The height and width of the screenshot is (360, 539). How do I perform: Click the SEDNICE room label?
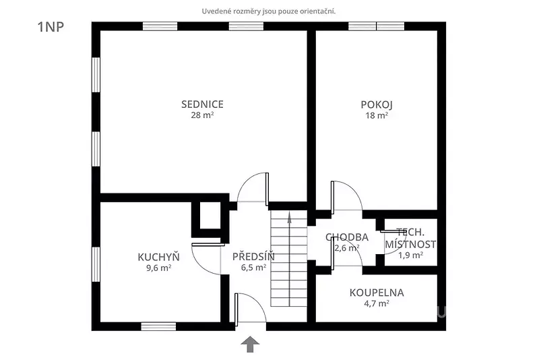point(202,104)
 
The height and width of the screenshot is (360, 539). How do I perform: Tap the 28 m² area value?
point(202,115)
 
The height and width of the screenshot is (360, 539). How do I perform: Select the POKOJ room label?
point(377,104)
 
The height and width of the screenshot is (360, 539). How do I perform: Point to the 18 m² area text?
point(377,115)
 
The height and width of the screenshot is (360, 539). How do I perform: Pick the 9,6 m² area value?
point(158,268)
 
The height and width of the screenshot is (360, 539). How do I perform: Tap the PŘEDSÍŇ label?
point(253,256)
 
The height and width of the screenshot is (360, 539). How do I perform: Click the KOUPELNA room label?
point(377,293)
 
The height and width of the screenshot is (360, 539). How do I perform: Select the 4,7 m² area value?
point(377,303)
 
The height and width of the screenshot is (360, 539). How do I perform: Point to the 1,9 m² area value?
point(410,255)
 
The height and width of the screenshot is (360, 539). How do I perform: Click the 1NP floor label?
point(51,27)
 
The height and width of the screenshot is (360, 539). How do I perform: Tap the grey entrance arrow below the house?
point(250,344)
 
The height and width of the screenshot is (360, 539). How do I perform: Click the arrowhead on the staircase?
point(290,217)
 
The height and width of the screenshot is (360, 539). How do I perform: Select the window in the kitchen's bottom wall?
point(158,326)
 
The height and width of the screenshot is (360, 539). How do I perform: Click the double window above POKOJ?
point(377,26)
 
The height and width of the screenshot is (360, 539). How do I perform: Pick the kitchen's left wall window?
point(96,264)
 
